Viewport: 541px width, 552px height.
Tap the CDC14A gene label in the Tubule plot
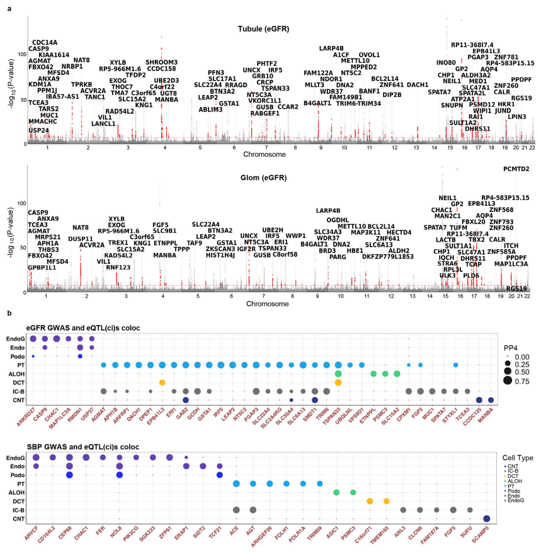coord(45,42)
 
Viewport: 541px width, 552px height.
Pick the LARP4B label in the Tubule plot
coord(331,48)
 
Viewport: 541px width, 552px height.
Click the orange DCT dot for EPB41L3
coord(162,382)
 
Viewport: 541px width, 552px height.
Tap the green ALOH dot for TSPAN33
coord(339,373)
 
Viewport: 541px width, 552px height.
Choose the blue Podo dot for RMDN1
coord(80,356)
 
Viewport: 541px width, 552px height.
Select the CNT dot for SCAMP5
coord(486,519)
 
